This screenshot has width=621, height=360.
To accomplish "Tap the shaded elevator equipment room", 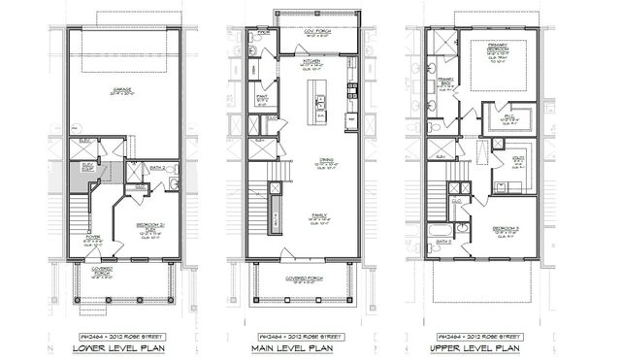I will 85,177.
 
